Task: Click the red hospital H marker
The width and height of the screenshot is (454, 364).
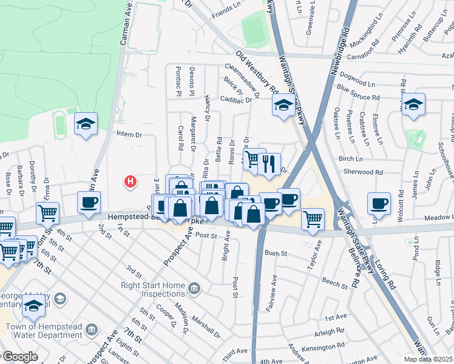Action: [129, 181]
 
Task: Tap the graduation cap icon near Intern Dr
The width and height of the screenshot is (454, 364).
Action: [86, 124]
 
